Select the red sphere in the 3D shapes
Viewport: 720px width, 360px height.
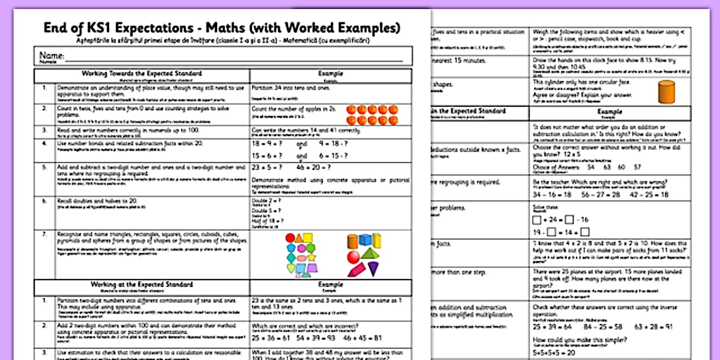(x=354, y=256)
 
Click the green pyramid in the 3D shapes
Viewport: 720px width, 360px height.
(x=370, y=253)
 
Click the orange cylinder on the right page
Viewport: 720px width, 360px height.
(x=666, y=91)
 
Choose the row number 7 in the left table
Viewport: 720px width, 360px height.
(x=44, y=234)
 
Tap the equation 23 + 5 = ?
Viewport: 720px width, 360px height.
(x=267, y=167)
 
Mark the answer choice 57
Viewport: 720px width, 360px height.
(x=637, y=167)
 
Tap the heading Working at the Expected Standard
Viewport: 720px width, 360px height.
(x=141, y=285)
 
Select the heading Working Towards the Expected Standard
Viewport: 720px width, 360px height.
(x=141, y=74)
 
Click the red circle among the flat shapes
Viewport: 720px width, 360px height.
(x=290, y=237)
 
